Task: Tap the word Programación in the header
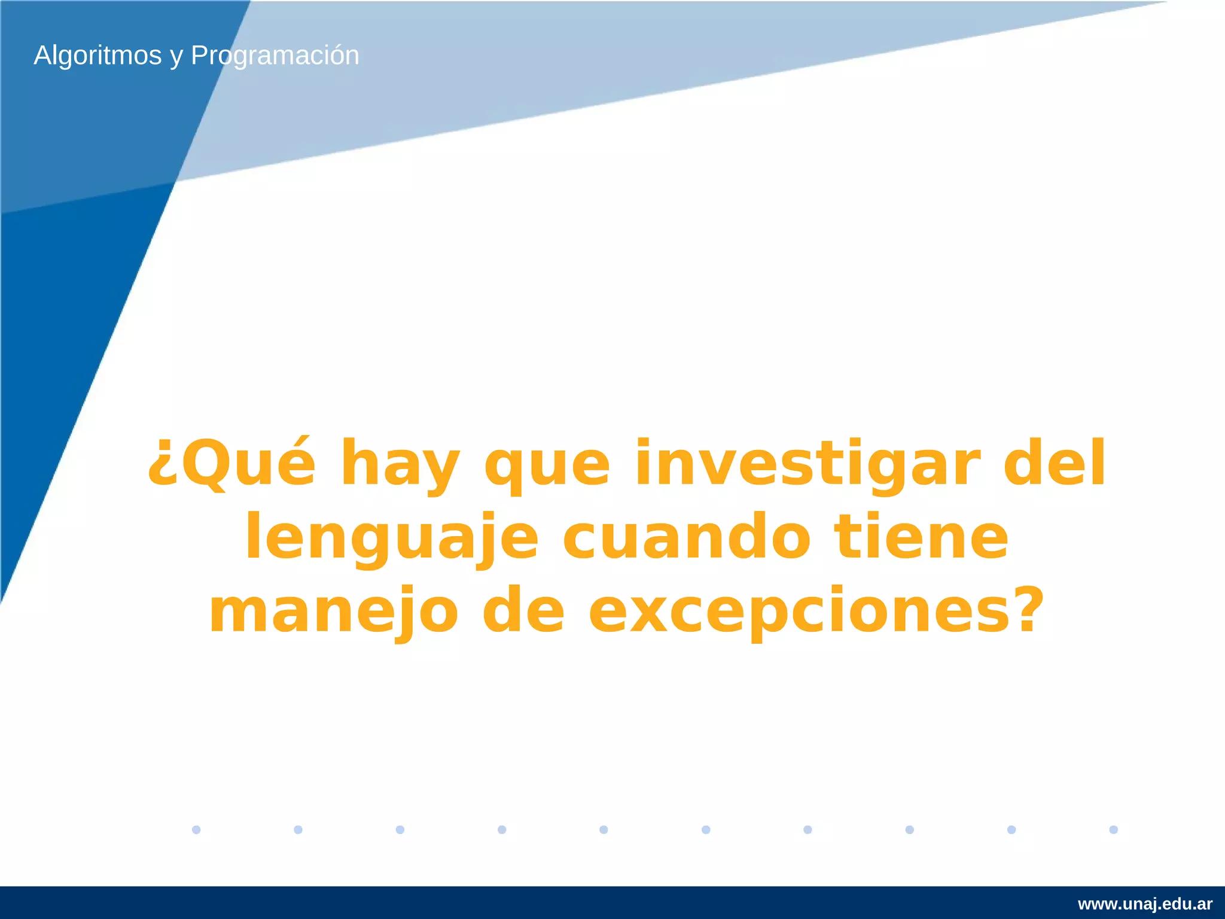[x=275, y=56]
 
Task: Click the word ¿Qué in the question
[x=231, y=464]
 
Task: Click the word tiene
[x=922, y=537]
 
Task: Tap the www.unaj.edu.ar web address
[x=1145, y=903]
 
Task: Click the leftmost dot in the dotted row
[x=196, y=829]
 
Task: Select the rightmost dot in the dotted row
[x=1113, y=829]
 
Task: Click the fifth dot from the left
[x=604, y=829]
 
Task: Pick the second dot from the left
[x=298, y=829]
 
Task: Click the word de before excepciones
[x=523, y=610]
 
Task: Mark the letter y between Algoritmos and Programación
[x=176, y=57]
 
